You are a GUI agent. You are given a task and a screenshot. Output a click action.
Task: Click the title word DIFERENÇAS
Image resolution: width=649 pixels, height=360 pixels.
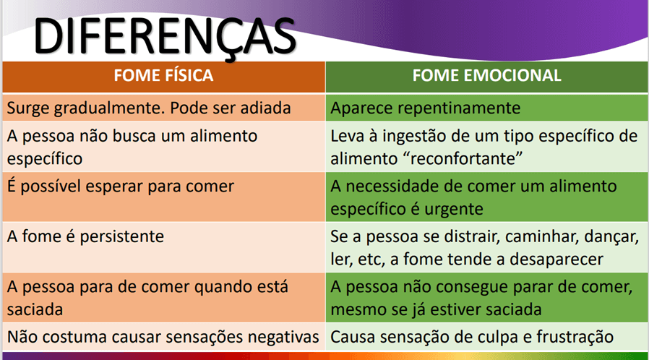165,36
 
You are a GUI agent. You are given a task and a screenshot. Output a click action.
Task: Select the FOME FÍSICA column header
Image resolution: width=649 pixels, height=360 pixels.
163,76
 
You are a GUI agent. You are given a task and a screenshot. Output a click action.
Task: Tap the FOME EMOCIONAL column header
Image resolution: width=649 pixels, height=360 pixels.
487,76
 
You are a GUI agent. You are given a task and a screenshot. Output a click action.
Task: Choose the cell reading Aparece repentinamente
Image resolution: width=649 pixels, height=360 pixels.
487,108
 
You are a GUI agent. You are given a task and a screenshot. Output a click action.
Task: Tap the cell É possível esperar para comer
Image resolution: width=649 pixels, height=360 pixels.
163,197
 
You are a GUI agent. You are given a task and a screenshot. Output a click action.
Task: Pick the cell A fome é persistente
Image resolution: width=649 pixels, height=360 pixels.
163,247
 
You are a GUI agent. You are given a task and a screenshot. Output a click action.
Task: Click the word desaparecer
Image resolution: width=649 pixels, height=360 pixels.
556,260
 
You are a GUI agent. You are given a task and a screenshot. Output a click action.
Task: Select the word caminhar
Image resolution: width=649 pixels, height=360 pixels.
541,236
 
